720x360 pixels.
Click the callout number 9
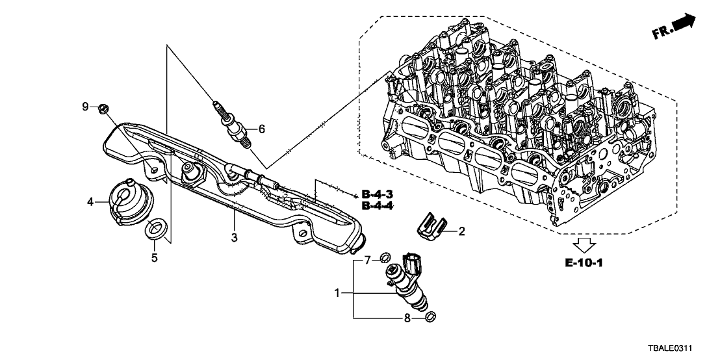(85, 107)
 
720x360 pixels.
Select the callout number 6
(262, 129)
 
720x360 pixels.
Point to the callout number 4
(91, 202)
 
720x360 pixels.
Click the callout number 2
(462, 231)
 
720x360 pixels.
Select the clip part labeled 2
(429, 227)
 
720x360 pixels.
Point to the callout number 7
(367, 261)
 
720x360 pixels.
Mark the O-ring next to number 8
(430, 317)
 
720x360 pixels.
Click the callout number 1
(337, 294)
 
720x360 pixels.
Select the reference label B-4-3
(377, 194)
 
